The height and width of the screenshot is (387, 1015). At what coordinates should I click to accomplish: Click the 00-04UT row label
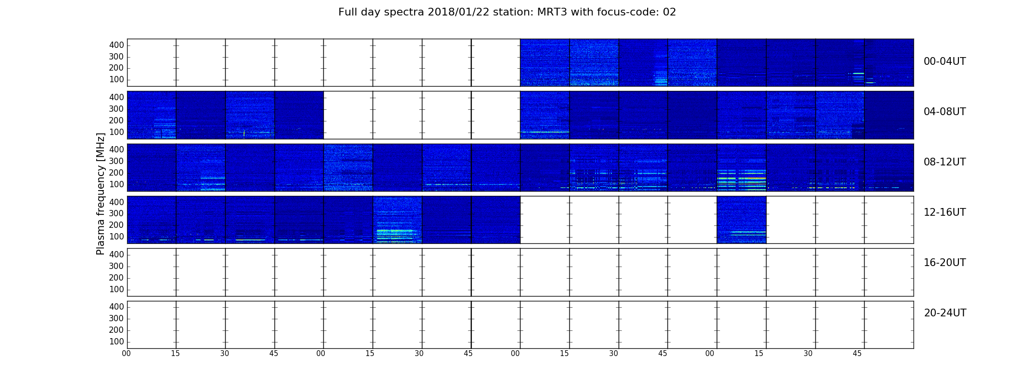944,61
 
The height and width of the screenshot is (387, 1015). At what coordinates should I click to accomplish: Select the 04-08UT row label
944,112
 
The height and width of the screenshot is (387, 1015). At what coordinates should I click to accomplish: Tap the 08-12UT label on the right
944,162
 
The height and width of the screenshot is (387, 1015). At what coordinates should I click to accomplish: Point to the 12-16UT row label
944,212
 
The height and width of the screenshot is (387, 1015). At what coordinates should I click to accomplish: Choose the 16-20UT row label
944,263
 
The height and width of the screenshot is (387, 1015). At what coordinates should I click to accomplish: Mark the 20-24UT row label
945,313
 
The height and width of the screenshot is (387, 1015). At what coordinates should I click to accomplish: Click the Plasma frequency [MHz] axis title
101,193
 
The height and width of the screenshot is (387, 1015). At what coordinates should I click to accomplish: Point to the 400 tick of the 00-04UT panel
116,45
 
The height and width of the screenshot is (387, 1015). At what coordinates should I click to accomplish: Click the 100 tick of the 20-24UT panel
116,342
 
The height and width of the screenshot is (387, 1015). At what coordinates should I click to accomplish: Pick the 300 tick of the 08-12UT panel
116,161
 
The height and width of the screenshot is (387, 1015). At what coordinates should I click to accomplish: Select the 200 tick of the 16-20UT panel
116,278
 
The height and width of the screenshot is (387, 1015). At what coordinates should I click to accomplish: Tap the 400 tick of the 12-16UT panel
116,202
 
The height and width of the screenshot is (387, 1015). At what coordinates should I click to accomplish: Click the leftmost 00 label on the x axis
126,354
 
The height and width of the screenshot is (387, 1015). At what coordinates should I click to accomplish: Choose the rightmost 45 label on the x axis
857,354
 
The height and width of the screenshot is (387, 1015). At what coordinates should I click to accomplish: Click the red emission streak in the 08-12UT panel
755,179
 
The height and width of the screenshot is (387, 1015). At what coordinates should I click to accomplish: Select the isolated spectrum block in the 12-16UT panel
741,220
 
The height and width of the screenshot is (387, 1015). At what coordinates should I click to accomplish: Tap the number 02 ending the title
669,12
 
